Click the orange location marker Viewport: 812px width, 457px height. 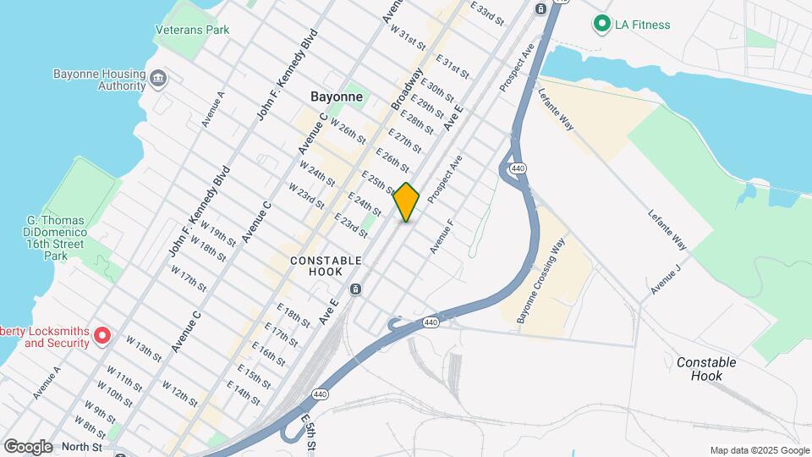(407, 201)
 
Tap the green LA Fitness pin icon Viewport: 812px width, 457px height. (601, 24)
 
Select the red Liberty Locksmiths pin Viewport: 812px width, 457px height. (102, 336)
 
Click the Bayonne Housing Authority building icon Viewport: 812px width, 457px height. (158, 80)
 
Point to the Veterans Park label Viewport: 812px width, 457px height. (192, 30)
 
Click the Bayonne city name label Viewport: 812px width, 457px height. (337, 96)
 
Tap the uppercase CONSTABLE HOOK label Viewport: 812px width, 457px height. (326, 266)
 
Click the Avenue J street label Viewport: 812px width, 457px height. (666, 279)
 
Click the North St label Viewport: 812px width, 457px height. (81, 447)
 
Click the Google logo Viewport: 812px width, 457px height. (28, 446)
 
